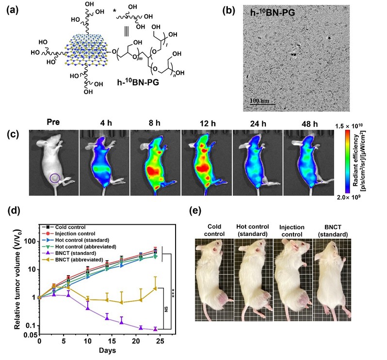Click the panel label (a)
(x=13, y=11)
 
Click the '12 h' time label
(x=205, y=119)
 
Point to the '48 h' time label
(x=306, y=119)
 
